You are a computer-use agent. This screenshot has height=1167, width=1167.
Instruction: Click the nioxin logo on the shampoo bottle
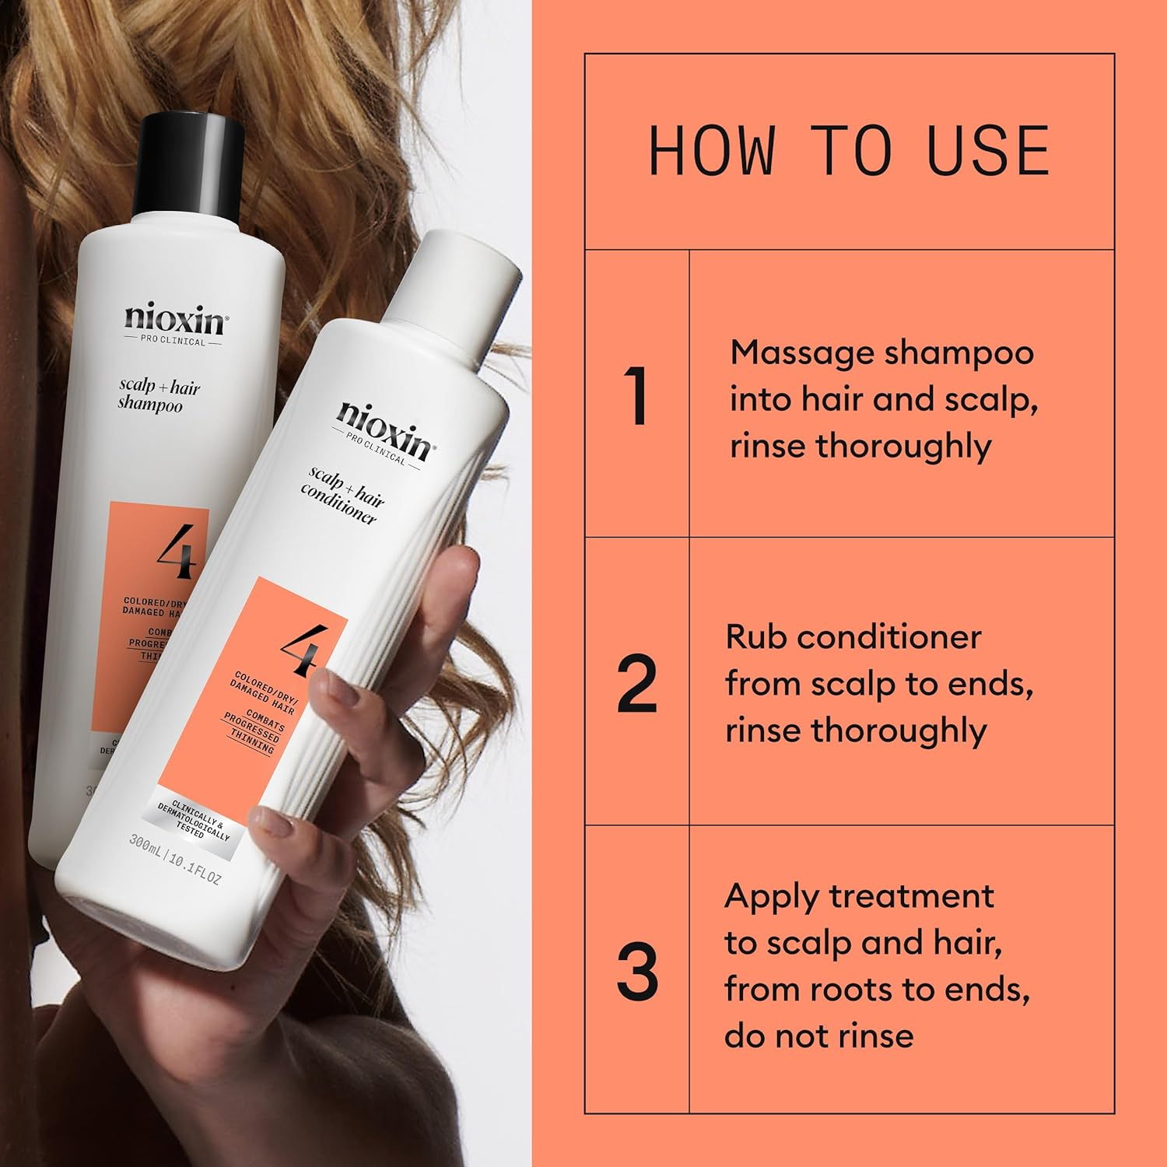click(174, 320)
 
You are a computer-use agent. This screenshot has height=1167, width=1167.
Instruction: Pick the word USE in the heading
click(988, 151)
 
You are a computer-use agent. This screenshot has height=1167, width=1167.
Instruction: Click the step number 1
click(637, 398)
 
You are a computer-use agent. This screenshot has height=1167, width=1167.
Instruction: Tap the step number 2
click(637, 685)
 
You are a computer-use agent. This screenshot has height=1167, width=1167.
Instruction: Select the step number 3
click(637, 972)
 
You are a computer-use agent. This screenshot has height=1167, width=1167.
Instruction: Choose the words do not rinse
click(818, 1036)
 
